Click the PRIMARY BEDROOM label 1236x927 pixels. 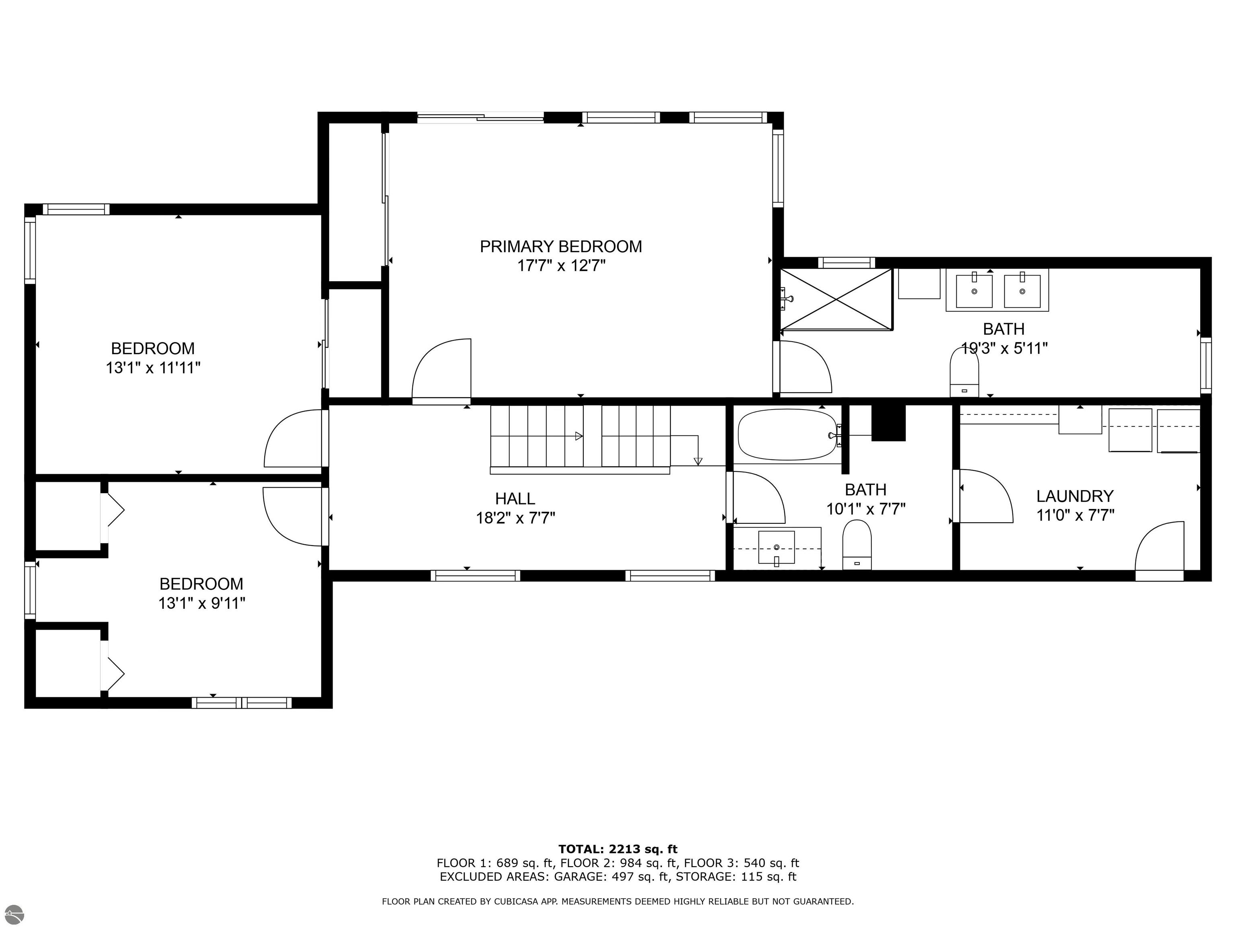(x=560, y=246)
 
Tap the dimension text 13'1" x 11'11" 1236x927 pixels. (x=153, y=368)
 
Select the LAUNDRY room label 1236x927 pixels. (x=1075, y=496)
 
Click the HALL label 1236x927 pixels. (x=515, y=499)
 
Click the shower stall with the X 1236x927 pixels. (x=836, y=299)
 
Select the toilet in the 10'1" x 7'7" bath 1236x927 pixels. (x=857, y=544)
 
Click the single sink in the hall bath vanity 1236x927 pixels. (x=776, y=548)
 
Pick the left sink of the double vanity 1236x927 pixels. (x=974, y=291)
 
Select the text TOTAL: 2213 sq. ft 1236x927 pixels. (x=618, y=850)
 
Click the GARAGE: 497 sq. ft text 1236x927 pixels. (x=611, y=877)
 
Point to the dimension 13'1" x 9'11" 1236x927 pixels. (x=202, y=604)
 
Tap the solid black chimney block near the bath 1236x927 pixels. (x=888, y=422)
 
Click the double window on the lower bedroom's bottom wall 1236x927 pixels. (x=241, y=703)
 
